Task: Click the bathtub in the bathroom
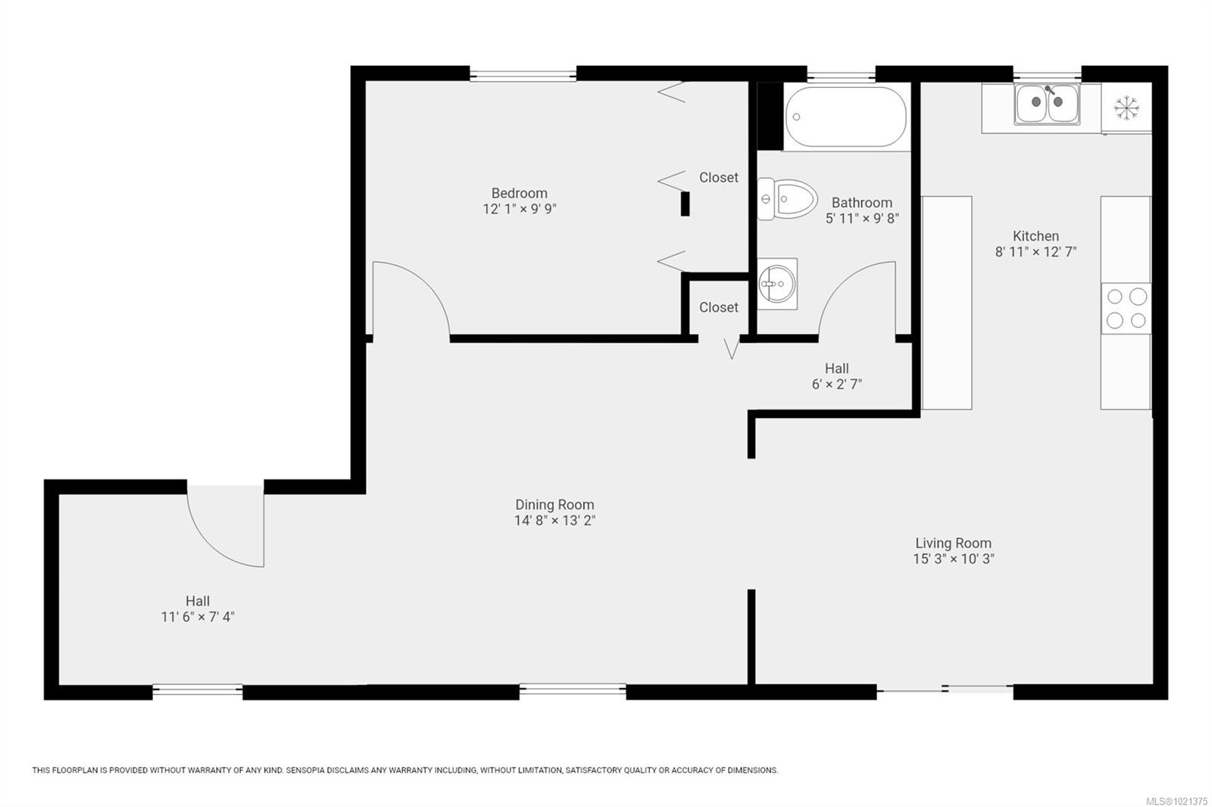845,117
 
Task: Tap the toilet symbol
788,199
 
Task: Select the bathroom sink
777,284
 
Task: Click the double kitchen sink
1048,104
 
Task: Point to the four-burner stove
1126,308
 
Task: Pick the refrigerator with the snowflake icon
1126,108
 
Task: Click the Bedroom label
519,193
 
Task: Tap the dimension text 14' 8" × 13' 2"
554,521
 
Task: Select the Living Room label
953,543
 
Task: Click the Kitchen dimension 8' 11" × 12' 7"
1036,252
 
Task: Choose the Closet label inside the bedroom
718,178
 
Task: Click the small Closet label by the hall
718,307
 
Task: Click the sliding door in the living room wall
945,688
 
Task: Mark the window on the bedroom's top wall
523,74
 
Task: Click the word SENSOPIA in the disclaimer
304,771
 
